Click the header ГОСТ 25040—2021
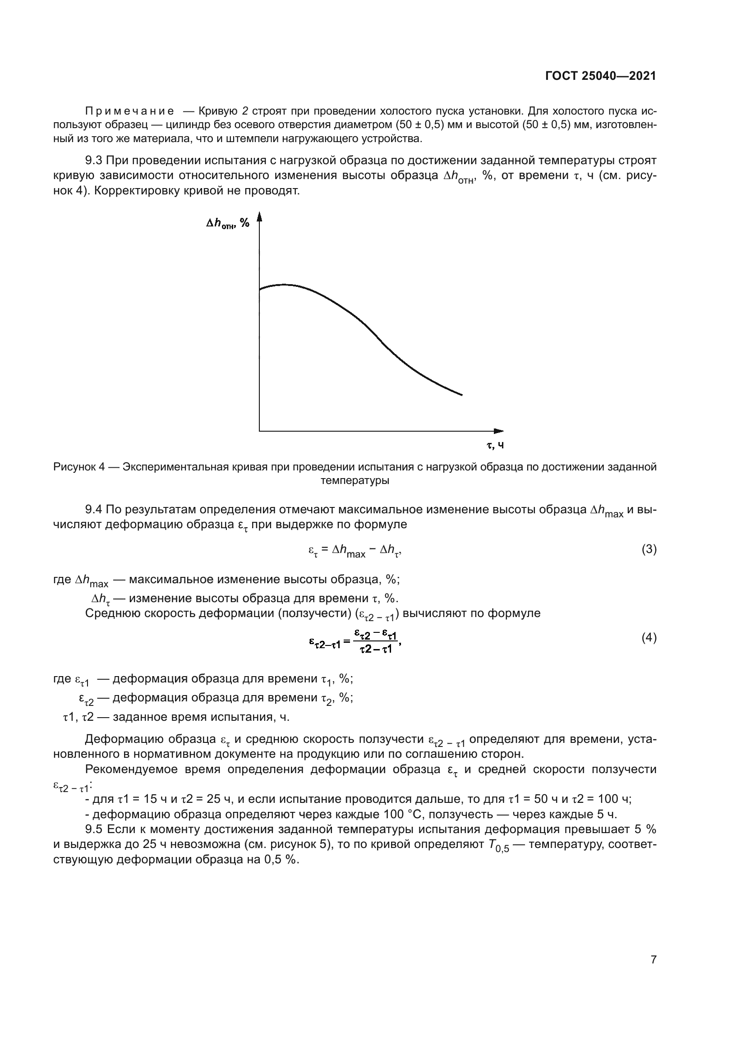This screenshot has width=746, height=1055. pyautogui.click(x=600, y=76)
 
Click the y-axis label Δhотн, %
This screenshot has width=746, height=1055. pyautogui.click(x=227, y=223)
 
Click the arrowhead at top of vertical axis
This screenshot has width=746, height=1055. pyautogui.click(x=259, y=216)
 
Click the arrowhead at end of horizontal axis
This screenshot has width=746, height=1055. pyautogui.click(x=499, y=431)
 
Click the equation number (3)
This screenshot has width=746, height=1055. pyautogui.click(x=649, y=549)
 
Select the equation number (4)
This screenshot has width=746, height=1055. pyautogui.click(x=649, y=638)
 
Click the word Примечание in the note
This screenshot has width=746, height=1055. pyautogui.click(x=130, y=111)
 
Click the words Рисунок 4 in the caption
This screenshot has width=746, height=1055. pyautogui.click(x=79, y=467)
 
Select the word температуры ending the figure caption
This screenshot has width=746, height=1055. pyautogui.click(x=355, y=481)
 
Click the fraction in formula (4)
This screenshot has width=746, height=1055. pyautogui.click(x=376, y=641)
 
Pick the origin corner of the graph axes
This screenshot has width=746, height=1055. pyautogui.click(x=259, y=431)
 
